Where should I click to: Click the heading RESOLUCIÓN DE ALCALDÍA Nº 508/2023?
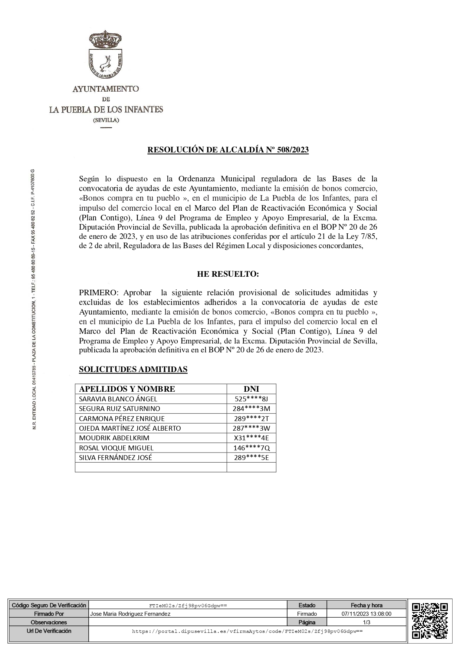point(228,150)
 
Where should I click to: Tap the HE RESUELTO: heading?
point(228,274)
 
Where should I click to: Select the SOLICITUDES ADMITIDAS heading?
point(133,369)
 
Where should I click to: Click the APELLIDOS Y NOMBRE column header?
point(127,389)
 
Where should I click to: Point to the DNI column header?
point(251,389)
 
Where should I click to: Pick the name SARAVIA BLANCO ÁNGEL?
point(118,399)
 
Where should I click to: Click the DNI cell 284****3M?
point(252,408)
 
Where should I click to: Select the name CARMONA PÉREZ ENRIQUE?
point(122,418)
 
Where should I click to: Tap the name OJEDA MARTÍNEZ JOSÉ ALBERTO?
point(130,428)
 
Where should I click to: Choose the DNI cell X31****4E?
point(252,438)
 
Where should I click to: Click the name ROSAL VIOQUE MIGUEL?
point(116,448)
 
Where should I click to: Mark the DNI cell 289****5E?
point(252,457)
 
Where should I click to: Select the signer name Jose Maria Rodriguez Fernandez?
point(130,614)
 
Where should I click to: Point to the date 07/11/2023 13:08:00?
point(367,614)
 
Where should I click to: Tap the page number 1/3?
point(367,622)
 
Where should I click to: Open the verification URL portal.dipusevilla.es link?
point(247,631)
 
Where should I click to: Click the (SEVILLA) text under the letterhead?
point(106,120)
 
